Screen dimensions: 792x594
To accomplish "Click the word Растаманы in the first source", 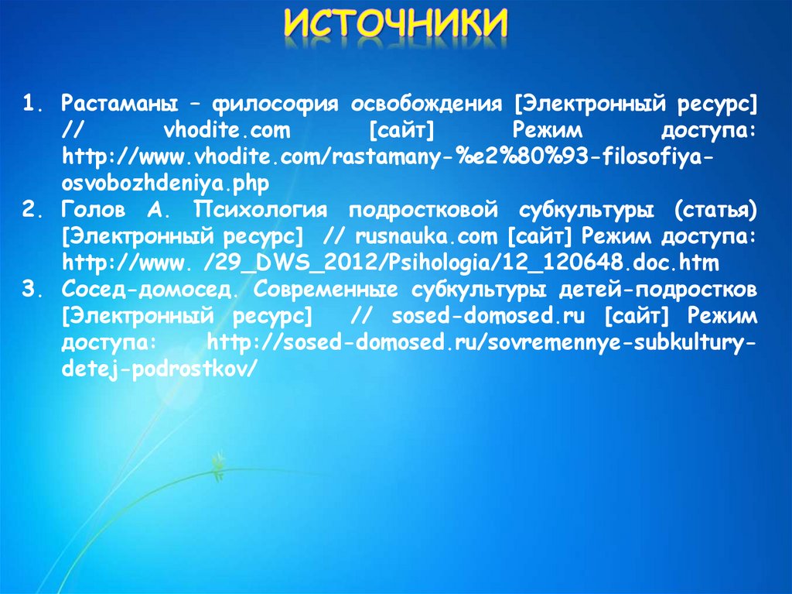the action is point(120,104).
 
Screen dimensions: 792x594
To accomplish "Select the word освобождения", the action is point(427,105).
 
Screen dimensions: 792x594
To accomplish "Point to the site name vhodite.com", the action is point(227,130).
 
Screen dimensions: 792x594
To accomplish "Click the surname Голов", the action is point(94,210).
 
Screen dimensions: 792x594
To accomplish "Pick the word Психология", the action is point(260,210).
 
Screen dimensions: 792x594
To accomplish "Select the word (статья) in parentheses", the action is point(715,210).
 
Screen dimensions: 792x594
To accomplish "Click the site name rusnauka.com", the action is point(426,236).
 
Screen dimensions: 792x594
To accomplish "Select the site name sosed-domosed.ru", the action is point(488,316).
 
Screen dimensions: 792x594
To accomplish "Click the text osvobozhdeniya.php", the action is point(166,184).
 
